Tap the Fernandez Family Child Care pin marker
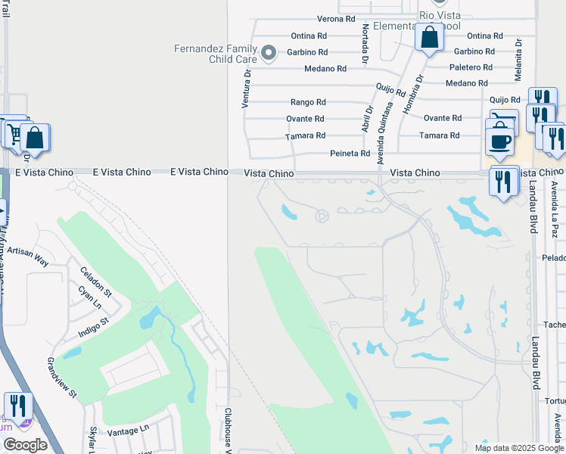click(268, 53)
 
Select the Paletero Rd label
click(473, 67)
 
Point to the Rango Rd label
click(308, 102)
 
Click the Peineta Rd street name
click(350, 154)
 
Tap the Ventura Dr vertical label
click(246, 87)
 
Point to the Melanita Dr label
click(519, 55)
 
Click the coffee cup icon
click(499, 141)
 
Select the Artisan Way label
click(27, 256)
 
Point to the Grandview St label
click(62, 377)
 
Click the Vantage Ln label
click(128, 430)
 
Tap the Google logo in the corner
click(26, 445)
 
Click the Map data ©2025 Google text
click(518, 448)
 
